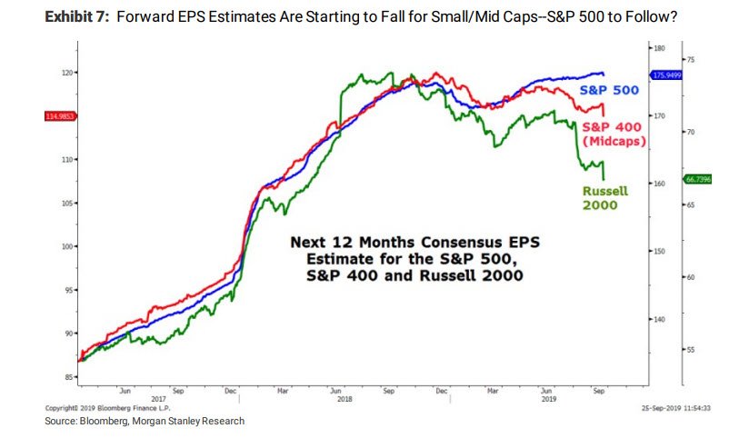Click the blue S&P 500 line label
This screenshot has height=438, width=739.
click(x=610, y=91)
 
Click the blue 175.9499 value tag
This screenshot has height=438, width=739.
click(x=667, y=75)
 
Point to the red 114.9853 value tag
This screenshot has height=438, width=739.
click(x=58, y=116)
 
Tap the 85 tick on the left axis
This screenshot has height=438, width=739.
click(x=67, y=376)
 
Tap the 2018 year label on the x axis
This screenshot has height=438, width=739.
click(x=344, y=398)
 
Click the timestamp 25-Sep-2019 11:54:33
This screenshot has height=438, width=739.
click(x=674, y=407)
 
